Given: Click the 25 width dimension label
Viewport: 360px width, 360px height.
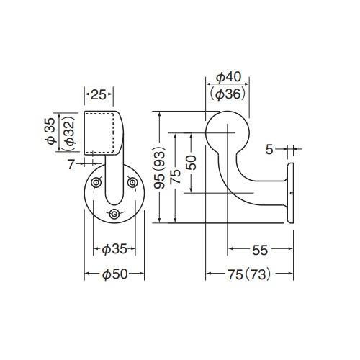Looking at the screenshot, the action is click(99, 95).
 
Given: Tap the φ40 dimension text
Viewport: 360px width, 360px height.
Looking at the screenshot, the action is click(228, 77).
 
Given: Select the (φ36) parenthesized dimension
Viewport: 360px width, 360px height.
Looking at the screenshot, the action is click(228, 94).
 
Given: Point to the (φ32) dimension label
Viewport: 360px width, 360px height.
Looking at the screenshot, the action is click(70, 132).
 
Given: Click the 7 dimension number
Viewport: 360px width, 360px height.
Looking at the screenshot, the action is click(71, 164).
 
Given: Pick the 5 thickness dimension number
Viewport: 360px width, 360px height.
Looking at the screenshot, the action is click(269, 150).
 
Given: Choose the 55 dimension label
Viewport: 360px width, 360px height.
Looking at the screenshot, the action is click(260, 251).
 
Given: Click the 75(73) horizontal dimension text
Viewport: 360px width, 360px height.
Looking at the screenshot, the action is click(249, 274).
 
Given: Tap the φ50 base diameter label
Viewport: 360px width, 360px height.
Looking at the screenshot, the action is click(114, 274).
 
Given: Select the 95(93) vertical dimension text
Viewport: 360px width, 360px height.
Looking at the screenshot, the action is click(160, 167).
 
